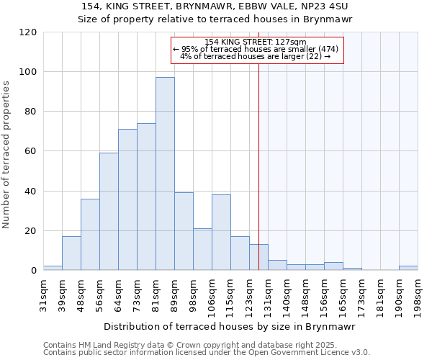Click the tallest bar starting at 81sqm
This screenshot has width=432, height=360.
click(165, 174)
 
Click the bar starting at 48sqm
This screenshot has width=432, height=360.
click(90, 235)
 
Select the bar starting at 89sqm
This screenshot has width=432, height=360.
click(184, 231)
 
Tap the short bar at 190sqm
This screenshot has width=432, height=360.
click(408, 268)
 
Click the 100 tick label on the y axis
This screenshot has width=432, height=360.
click(28, 72)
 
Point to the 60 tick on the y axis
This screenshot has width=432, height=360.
click(31, 151)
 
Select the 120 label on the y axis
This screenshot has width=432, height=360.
click(28, 32)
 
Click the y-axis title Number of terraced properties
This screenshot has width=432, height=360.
click(7, 154)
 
